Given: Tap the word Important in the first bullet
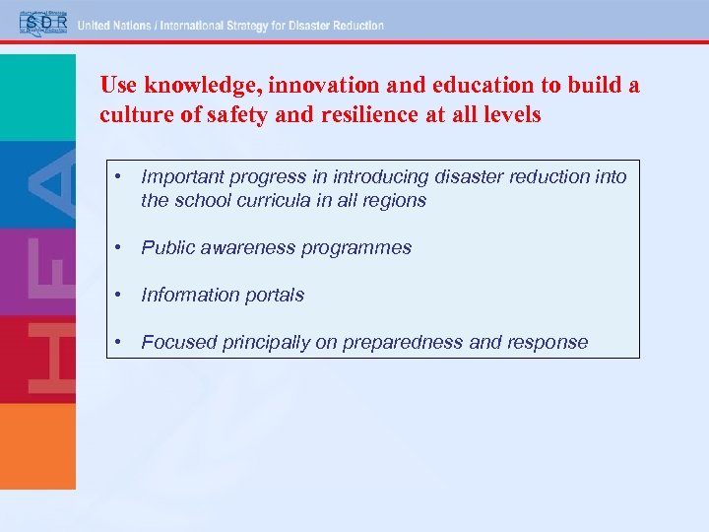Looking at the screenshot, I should click(181, 176).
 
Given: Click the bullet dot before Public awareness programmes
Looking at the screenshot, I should click(117, 247).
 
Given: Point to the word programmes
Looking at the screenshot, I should click(360, 247).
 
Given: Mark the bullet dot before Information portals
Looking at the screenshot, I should click(117, 295).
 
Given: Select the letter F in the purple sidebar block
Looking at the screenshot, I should click(55, 271).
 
